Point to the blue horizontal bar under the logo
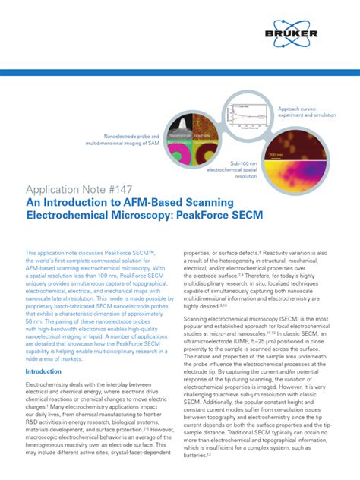180,73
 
